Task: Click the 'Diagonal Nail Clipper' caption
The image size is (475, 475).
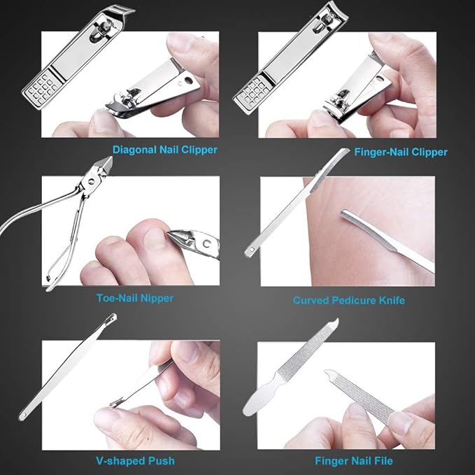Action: pyautogui.click(x=165, y=149)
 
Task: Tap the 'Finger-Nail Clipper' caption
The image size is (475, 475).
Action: pyautogui.click(x=401, y=151)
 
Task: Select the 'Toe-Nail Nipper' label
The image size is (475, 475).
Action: pyautogui.click(x=135, y=297)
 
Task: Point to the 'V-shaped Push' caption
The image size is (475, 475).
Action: pyautogui.click(x=135, y=460)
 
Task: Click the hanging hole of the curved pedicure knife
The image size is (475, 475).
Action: pyautogui.click(x=250, y=250)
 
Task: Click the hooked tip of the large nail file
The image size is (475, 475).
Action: pyautogui.click(x=334, y=323)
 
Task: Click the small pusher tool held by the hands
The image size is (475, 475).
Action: pyautogui.click(x=140, y=383)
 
